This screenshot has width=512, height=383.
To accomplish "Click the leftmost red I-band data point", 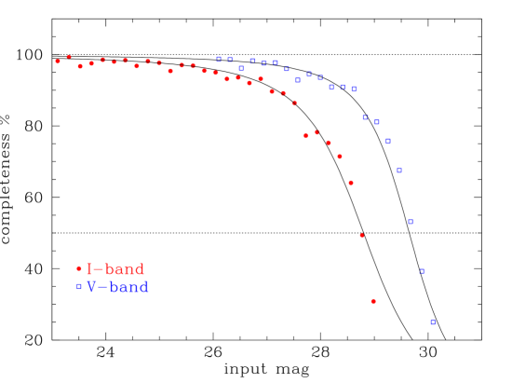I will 58,62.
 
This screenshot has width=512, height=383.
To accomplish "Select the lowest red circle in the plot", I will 373,301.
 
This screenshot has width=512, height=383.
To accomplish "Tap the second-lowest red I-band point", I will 362,235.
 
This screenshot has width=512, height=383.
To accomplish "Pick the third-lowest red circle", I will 351,183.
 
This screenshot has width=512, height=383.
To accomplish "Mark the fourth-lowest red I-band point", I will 340,157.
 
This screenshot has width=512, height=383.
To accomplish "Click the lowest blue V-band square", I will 433,321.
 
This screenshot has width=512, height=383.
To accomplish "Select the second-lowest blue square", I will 422,271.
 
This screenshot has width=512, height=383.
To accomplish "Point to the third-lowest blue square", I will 411,222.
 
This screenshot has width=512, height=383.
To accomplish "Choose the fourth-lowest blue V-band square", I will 399,171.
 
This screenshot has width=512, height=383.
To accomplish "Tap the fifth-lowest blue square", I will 388,142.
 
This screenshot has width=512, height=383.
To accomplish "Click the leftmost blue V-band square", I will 219,59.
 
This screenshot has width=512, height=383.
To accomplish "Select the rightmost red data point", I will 373,301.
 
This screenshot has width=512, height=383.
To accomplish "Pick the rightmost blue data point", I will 433,321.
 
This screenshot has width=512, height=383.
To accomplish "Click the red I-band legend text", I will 115,269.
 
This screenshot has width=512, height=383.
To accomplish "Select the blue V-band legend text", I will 118,287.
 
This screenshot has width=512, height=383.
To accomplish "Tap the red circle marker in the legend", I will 79,268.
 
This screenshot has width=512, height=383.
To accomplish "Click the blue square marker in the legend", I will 79,287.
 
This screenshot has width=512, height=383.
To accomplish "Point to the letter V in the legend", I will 92,287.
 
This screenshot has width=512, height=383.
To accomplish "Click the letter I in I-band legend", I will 89,269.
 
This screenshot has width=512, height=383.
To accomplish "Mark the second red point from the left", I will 69,57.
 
